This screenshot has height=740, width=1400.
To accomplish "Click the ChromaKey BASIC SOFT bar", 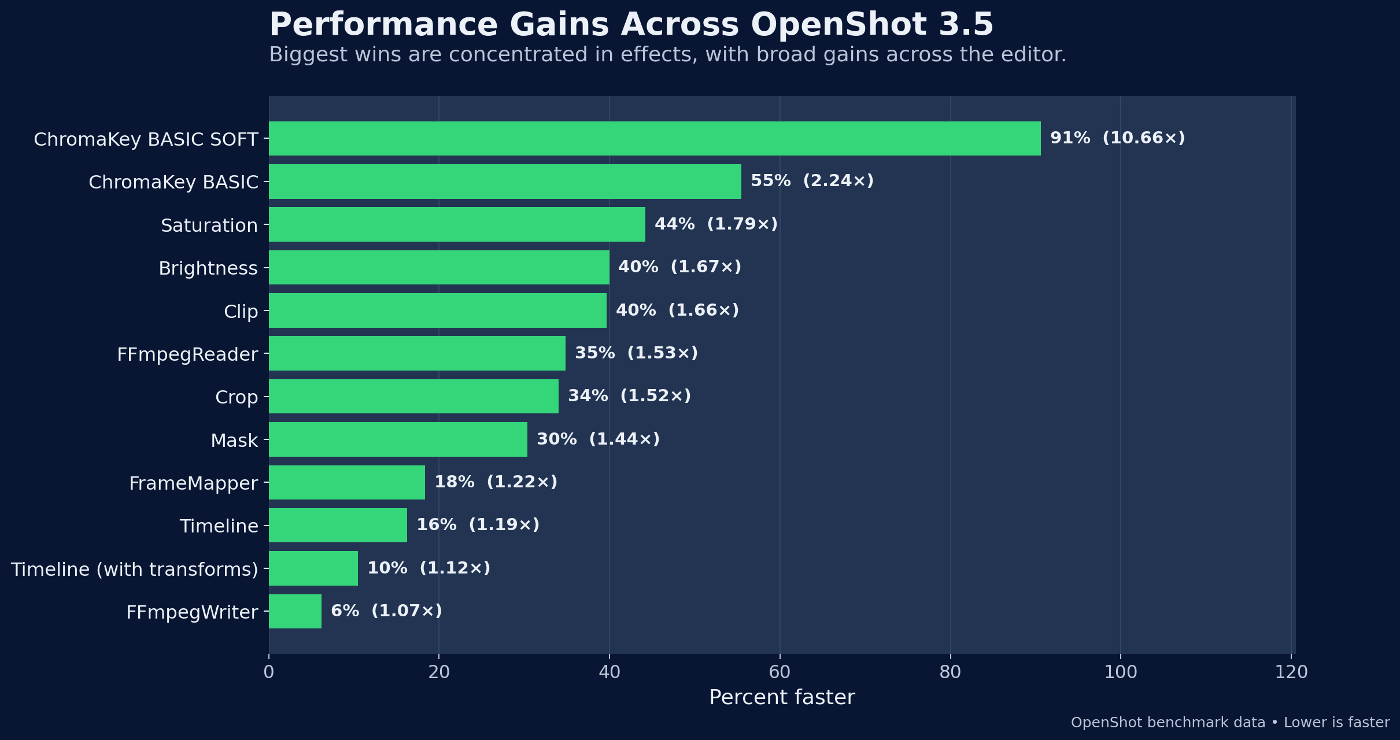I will click(654, 138).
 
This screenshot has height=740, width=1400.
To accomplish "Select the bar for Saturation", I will click(457, 224).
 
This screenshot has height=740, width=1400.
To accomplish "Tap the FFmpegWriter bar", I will click(295, 611).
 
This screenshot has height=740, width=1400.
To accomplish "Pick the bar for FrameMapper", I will click(347, 482).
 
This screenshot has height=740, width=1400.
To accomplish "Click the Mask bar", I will click(398, 439).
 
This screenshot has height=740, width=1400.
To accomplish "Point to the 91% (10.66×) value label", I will click(1117, 138).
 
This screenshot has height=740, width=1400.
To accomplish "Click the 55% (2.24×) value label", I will click(812, 181).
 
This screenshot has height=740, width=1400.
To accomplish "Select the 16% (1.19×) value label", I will click(478, 525).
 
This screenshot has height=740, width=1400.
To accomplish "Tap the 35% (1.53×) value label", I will click(636, 353).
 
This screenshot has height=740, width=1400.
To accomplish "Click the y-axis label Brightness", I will click(208, 268).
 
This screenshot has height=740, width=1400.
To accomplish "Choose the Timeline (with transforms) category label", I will click(134, 569).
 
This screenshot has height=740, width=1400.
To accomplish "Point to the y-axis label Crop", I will click(236, 397).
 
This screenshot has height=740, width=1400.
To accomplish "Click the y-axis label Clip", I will click(241, 312).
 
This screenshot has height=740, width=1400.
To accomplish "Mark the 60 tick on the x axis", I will click(780, 672).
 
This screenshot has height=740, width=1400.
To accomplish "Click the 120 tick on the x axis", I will click(1291, 672).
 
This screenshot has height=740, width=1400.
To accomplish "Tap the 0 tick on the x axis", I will click(269, 672).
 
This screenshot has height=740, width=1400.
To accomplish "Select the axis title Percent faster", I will click(781, 697).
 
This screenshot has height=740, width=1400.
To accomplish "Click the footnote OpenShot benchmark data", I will click(1168, 723).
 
